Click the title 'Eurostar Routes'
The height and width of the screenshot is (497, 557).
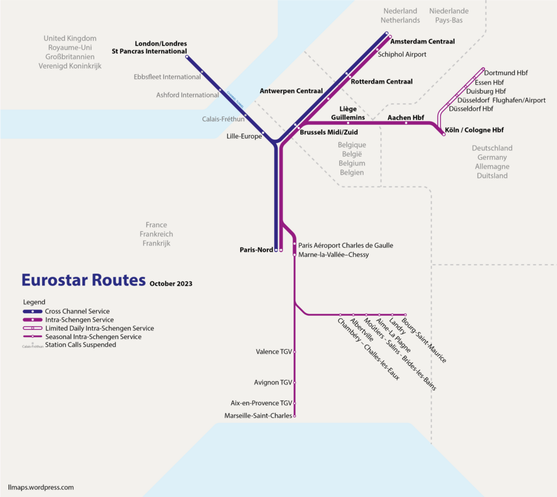[83, 280]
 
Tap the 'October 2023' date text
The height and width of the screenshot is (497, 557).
[171, 283]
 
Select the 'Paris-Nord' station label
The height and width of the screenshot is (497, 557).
[256, 250]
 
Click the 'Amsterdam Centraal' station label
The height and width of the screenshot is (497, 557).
[423, 41]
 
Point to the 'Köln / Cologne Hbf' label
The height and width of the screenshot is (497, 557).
[474, 130]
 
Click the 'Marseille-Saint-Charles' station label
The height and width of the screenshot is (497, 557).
[258, 415]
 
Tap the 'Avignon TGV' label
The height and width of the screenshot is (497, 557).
[273, 382]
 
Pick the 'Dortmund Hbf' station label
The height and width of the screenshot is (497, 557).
[506, 73]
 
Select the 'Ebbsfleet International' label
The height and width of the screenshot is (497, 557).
[167, 77]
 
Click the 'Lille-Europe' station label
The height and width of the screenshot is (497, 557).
[244, 137]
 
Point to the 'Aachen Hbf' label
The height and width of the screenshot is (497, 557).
[405, 118]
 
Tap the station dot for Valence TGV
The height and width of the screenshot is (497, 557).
[295, 351]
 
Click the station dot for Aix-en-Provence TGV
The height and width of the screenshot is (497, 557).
[295, 403]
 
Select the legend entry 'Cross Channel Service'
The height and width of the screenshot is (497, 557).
[77, 311]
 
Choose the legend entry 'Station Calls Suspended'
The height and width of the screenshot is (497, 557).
[80, 345]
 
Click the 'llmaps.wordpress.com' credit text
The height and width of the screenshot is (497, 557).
[41, 487]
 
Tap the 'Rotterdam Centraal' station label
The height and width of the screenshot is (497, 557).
[381, 82]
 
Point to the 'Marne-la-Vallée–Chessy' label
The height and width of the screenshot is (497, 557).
[333, 255]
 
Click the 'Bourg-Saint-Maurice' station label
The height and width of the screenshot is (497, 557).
[424, 340]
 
